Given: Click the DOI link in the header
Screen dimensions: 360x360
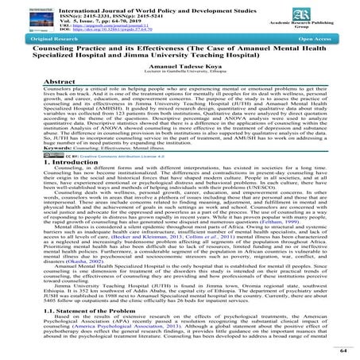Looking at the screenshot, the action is click(x=112, y=34).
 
